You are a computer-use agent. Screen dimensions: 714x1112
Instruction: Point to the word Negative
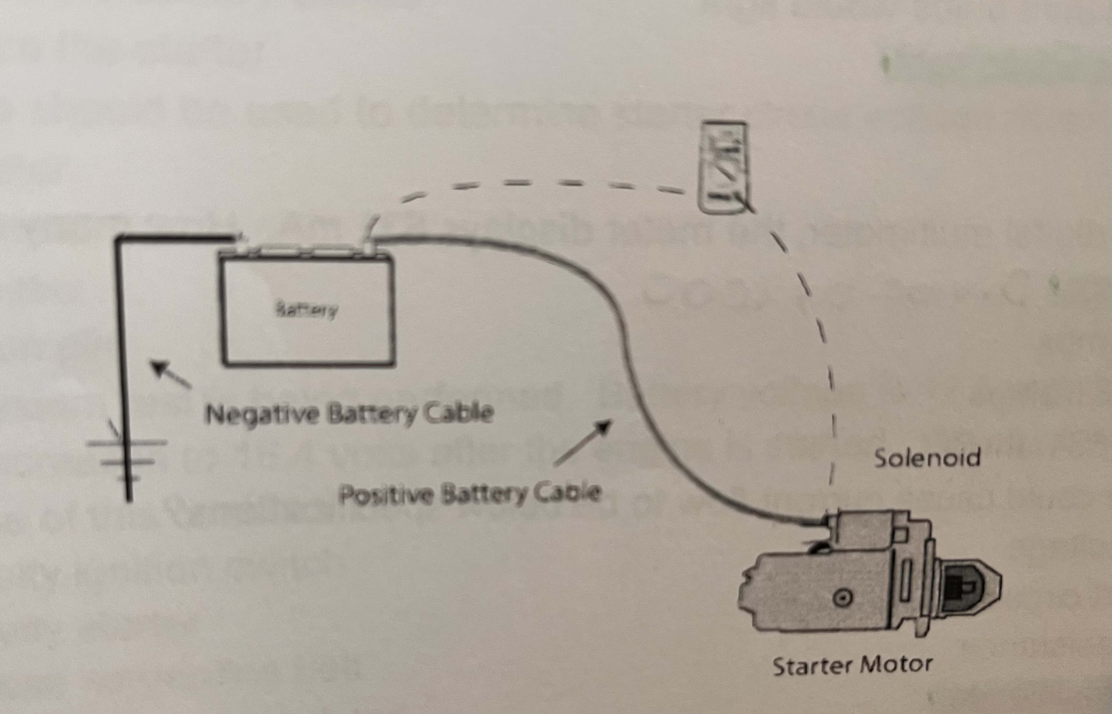(x=262, y=414)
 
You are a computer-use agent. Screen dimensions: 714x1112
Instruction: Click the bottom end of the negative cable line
(x=129, y=500)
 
